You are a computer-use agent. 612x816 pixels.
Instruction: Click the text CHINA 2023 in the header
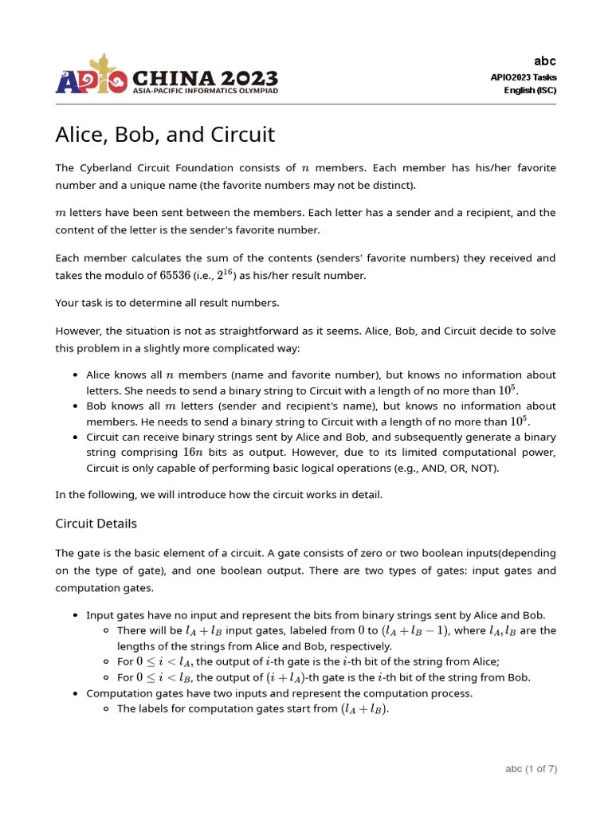tap(205, 78)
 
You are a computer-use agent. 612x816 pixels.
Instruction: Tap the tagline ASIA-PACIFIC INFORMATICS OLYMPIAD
tap(205, 92)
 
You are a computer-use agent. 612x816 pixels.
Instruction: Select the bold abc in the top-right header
tap(545, 61)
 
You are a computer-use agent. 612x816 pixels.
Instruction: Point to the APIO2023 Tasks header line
tap(524, 77)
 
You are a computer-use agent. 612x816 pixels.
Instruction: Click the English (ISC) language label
tap(530, 90)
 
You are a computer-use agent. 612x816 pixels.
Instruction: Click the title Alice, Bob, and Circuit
tap(165, 135)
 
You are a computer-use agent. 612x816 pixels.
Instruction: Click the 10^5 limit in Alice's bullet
tap(507, 390)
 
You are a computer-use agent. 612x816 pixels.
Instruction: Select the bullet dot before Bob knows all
tap(74, 406)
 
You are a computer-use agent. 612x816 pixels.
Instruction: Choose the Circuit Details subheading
tap(96, 524)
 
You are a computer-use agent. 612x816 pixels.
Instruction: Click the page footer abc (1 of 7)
tap(531, 769)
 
